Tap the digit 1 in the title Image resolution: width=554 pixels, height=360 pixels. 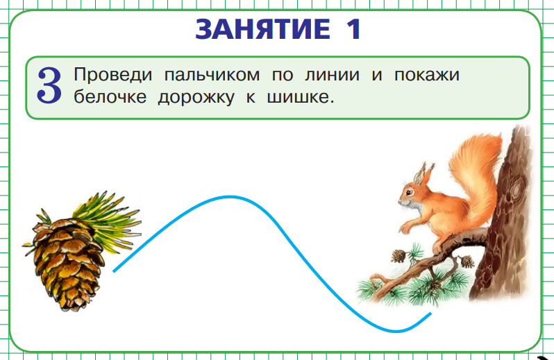[x=353, y=29]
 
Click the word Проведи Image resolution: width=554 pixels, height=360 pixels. [x=109, y=74]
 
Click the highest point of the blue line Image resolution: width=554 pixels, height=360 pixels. [x=229, y=197]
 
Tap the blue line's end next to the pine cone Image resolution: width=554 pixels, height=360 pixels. [x=115, y=271]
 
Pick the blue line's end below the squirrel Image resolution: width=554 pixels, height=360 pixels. [x=430, y=314]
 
